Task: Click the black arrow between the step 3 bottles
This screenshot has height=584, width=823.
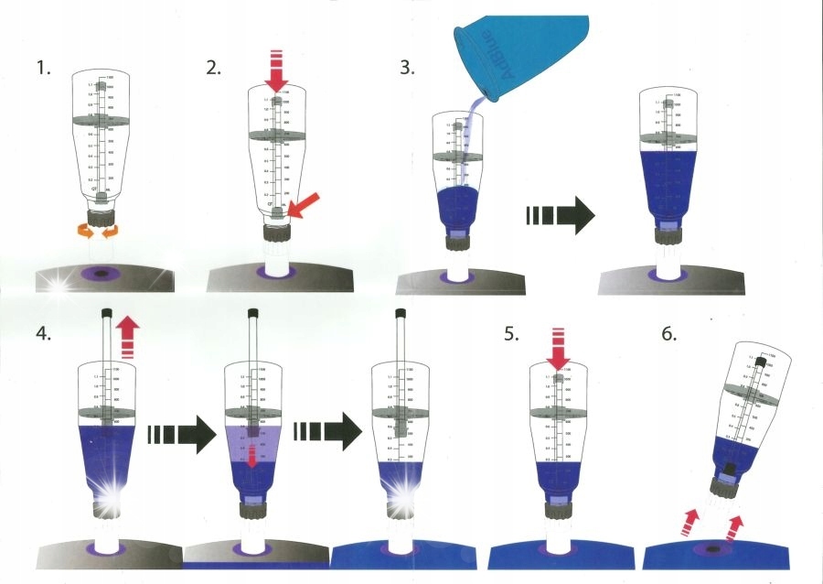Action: [561, 218]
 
